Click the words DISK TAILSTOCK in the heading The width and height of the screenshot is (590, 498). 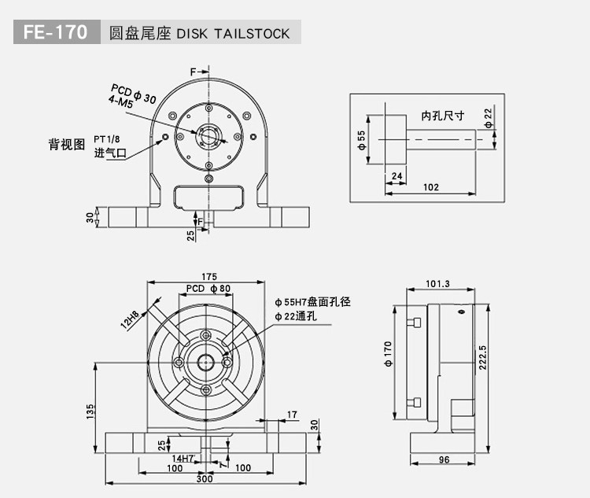[x=234, y=34]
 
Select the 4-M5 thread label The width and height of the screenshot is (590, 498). [x=121, y=102]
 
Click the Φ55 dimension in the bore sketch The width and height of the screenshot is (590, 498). [x=362, y=141]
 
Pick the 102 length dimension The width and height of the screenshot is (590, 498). [x=431, y=186]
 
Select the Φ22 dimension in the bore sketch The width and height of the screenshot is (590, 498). [x=489, y=117]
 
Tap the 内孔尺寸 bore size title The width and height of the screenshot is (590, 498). [x=443, y=116]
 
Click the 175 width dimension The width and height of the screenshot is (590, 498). [x=209, y=276]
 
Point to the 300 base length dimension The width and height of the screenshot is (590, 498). [x=205, y=478]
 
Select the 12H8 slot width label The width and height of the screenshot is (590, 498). [x=131, y=320]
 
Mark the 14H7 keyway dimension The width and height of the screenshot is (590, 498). [x=183, y=458]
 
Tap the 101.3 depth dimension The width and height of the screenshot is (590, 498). [x=437, y=284]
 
